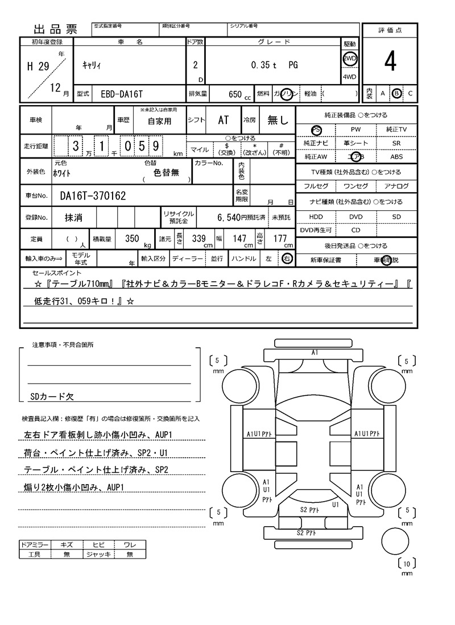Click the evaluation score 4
(x=390, y=62)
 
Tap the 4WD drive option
(x=349, y=77)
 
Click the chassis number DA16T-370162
(x=93, y=195)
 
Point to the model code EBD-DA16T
(x=118, y=93)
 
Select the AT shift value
(x=224, y=120)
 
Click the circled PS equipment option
(x=317, y=130)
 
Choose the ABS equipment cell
(x=396, y=156)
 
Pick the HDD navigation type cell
(x=316, y=216)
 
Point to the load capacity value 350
(x=132, y=239)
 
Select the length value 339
(x=198, y=239)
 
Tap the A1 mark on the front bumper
(x=315, y=353)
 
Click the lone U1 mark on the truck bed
(x=336, y=503)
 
